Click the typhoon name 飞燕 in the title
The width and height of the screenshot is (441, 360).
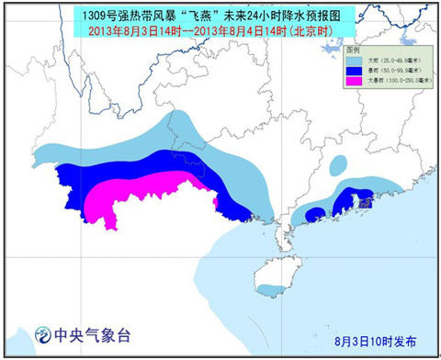[x=206, y=15]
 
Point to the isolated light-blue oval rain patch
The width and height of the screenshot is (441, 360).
[x=339, y=164]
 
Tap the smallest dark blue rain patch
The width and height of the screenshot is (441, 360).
[x=314, y=214]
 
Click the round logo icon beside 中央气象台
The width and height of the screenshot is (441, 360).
[x=41, y=333]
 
